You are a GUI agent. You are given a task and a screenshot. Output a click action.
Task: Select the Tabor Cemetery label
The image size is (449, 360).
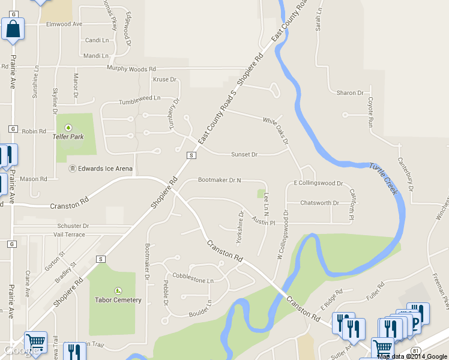118,300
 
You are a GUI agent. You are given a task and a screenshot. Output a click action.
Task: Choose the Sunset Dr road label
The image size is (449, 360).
244,155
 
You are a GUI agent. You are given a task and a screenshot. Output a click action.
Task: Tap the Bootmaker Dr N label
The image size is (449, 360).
219,180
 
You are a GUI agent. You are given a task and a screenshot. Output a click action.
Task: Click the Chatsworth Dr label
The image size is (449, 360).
319,203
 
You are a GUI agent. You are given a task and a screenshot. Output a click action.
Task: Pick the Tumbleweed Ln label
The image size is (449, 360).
140,98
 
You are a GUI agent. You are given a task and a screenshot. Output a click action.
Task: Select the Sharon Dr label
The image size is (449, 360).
350,93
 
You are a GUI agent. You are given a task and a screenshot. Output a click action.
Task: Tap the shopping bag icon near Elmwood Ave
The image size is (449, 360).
13,29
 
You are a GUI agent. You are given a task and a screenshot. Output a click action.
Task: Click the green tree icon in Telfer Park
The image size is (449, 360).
68,127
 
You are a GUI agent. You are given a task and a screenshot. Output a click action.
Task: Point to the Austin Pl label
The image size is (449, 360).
264,223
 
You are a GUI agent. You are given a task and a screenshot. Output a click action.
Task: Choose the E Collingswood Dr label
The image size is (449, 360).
318,183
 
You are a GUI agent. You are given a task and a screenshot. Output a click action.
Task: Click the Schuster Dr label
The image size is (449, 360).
73,226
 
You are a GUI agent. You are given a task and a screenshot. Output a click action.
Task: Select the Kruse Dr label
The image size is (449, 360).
164,79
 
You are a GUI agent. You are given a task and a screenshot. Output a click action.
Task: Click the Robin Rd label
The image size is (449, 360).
34,131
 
